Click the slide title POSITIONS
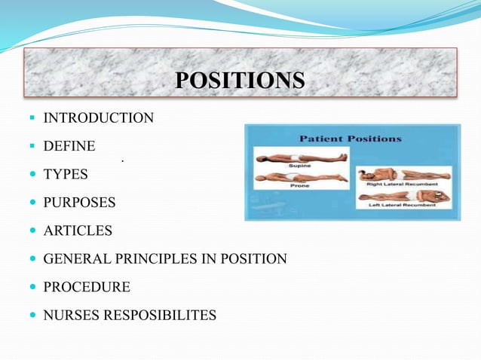click(x=240, y=80)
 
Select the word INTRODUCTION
click(x=99, y=118)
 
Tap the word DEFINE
click(x=69, y=146)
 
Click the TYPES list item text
click(x=66, y=175)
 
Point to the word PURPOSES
click(x=79, y=203)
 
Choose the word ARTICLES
click(x=78, y=230)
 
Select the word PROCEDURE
click(x=87, y=287)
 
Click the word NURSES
click(x=69, y=315)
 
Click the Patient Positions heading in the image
click(x=351, y=139)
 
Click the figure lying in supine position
click(x=302, y=157)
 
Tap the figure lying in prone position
click(x=302, y=178)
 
